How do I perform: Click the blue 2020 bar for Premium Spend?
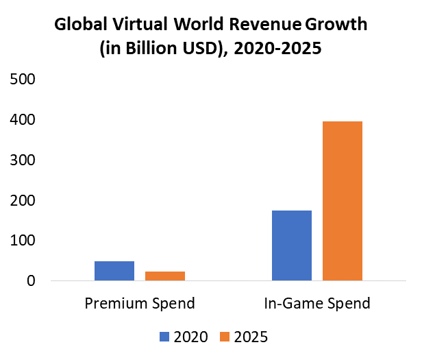(114, 271)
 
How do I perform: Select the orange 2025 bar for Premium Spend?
(165, 276)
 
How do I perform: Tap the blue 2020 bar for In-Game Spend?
(292, 245)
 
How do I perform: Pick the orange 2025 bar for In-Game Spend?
(343, 201)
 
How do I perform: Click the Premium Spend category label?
(140, 303)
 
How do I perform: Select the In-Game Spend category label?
(317, 303)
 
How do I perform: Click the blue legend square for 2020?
(164, 336)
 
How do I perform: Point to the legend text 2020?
(190, 337)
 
